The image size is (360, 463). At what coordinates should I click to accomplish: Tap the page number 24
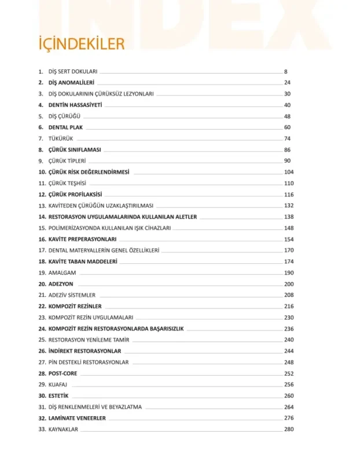point(287,83)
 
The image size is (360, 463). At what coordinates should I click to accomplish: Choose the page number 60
point(287,127)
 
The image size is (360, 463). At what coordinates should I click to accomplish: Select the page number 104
point(289,172)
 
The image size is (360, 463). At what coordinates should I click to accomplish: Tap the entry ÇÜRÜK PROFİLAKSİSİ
point(79,194)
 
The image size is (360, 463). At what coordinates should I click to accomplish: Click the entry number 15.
point(42,228)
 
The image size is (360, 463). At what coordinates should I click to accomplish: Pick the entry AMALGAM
point(63,273)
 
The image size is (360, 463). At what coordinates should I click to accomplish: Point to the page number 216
point(289,306)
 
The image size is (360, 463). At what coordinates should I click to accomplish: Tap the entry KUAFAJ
point(59,385)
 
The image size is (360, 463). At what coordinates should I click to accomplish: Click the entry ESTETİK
point(59,396)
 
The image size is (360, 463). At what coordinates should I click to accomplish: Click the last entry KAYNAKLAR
point(64,429)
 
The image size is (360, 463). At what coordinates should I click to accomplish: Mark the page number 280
point(289,429)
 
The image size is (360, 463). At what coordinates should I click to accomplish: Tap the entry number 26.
point(42,351)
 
